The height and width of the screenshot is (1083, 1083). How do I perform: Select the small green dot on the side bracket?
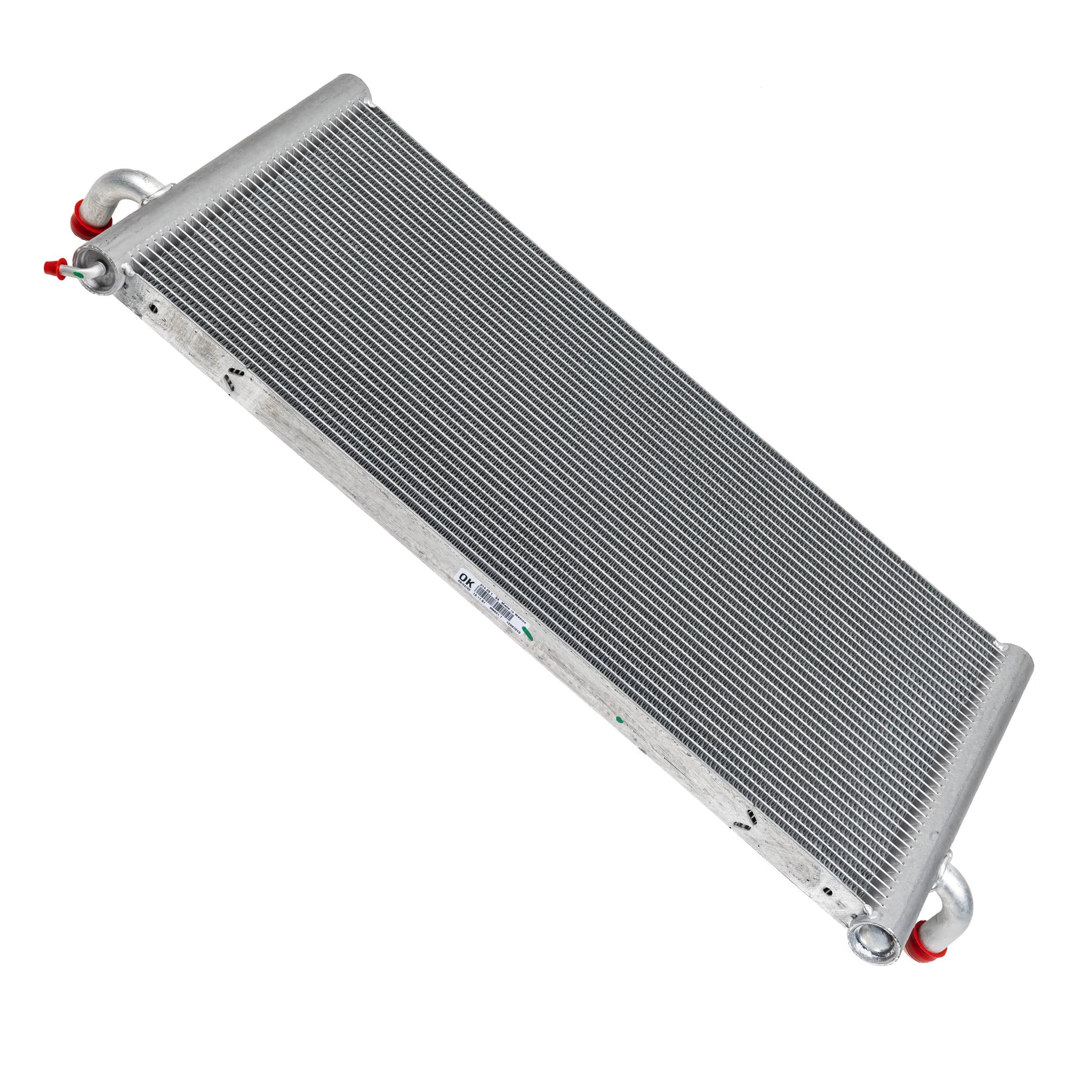click(619, 720)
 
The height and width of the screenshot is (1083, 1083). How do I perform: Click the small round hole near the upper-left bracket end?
click(154, 306)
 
